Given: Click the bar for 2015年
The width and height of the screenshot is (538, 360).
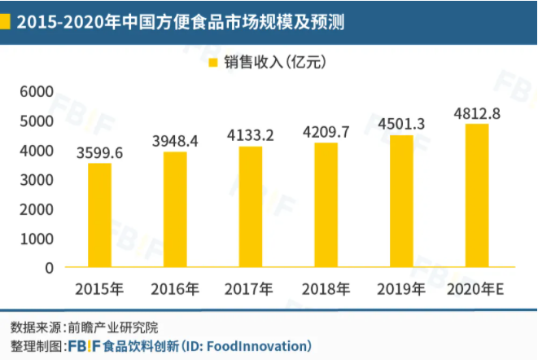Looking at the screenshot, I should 99,215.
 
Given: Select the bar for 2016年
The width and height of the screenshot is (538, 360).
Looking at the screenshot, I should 175,209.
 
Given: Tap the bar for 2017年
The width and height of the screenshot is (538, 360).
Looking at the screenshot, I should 251,207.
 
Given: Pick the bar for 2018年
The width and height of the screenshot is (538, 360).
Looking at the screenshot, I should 326,205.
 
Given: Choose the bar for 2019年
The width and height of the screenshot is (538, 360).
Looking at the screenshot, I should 401,201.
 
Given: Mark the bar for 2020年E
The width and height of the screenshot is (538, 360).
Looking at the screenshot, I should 477,195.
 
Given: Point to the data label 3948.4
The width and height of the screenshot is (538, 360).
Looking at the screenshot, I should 175,142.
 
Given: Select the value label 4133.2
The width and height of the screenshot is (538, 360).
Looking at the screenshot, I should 251,136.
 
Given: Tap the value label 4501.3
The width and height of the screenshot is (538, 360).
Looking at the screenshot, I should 401,124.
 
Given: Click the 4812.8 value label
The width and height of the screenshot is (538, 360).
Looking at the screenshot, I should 477,112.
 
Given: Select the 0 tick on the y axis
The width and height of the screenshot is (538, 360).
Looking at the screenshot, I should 49,268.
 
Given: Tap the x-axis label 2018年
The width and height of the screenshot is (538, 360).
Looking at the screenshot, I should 326,289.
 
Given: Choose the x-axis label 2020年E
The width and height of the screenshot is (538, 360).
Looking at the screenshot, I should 477,289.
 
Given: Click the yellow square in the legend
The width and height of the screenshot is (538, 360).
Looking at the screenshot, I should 212,62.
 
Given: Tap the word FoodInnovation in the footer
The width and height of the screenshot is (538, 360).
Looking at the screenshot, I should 262,346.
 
